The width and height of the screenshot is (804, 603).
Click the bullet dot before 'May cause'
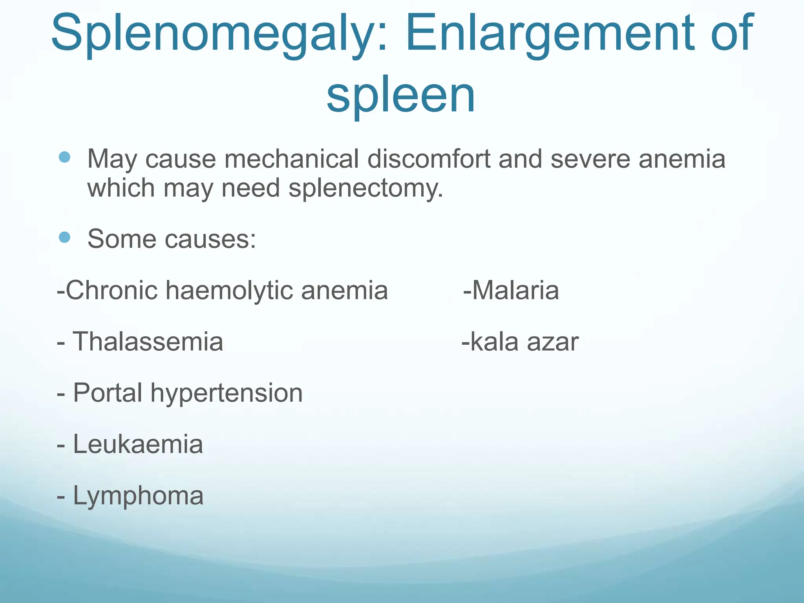pos(64,157)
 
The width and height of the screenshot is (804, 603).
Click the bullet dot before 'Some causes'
pos(64,237)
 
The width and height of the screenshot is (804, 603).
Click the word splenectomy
pos(365,188)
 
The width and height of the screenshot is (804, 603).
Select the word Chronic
pos(112,290)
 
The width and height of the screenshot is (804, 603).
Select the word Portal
pos(108,393)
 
